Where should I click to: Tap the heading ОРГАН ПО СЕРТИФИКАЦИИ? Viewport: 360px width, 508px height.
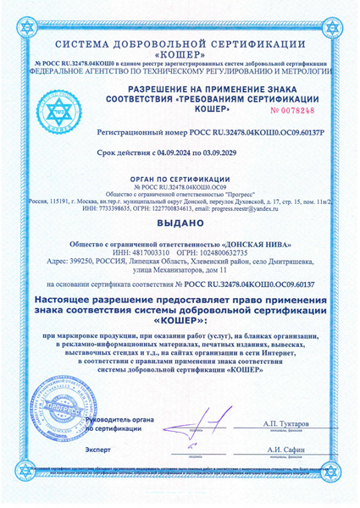click(x=180, y=180)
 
